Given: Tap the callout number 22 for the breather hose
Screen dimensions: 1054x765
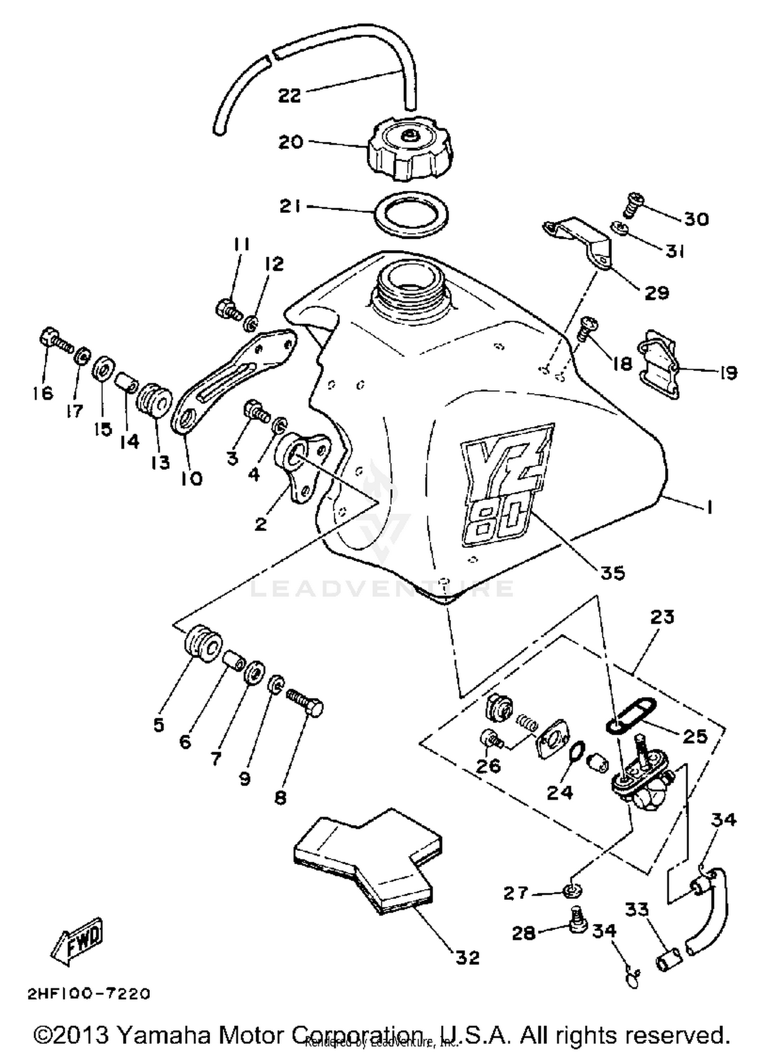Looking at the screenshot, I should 289,95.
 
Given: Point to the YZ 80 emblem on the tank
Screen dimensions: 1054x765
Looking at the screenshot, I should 505,485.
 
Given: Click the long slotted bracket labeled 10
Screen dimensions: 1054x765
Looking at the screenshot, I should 232,380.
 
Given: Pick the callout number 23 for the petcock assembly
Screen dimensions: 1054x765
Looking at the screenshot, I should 662,617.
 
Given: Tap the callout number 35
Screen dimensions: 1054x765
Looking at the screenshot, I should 612,573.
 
